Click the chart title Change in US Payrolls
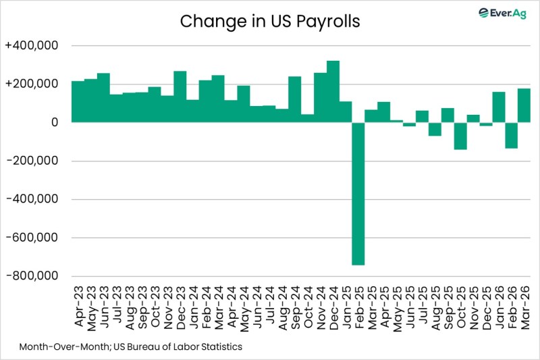[x=270, y=22]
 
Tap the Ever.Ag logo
[x=502, y=13]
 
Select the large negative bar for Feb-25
[x=358, y=193]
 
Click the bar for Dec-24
[x=333, y=92]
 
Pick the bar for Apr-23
[x=78, y=101]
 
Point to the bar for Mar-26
[x=524, y=105]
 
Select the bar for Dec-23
[x=180, y=97]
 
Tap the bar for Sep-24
[x=294, y=99]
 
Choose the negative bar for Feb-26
[x=511, y=135]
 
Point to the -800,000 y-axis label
[x=34, y=276]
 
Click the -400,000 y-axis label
[x=34, y=199]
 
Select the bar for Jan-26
[x=499, y=107]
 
